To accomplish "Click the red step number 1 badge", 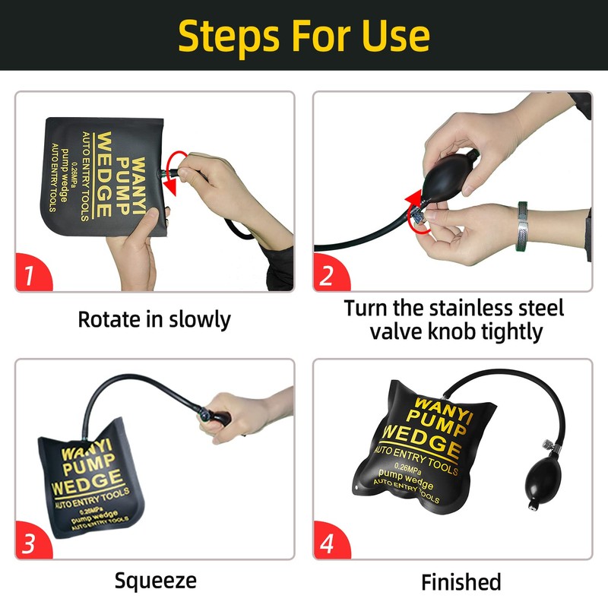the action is pos(32,273).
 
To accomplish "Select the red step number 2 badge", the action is pos(330,273).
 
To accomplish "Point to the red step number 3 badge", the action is pos(32,541).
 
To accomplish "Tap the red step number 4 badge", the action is pos(330,541).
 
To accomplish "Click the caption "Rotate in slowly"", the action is pos(154,319).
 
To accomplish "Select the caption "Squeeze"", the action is pos(156,581).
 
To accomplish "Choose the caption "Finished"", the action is pos(461,582).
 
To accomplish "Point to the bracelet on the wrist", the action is pos(523,226).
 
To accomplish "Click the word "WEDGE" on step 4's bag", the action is pos(423,440).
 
